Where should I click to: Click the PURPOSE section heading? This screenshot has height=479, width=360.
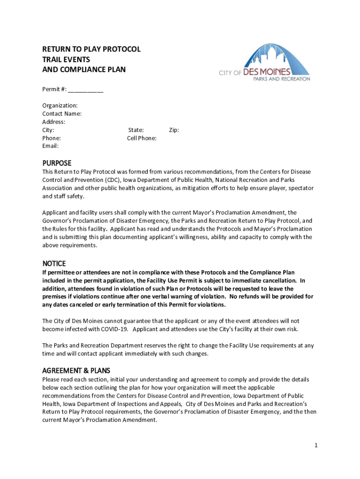pos(57,163)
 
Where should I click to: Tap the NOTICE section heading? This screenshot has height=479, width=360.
pos(54,264)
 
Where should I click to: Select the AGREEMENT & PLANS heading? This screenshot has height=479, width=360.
pos(76,371)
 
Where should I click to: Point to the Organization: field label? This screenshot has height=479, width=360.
pos(60,106)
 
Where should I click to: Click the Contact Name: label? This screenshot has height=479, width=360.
pos(62,114)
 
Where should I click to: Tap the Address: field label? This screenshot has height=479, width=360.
pos(54,122)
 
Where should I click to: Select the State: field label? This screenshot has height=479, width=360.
pos(136,130)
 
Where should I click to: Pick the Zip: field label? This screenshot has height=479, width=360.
pos(174,130)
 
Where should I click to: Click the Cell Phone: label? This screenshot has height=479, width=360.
pos(142,138)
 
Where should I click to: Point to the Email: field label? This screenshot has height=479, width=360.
pos(50,146)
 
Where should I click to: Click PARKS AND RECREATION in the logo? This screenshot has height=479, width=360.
pos(281,79)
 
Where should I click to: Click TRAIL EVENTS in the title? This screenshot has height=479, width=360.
pos(66,60)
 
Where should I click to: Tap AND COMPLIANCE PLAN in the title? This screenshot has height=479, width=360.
pos(84,70)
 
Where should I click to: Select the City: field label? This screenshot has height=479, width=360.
pos(49,130)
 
